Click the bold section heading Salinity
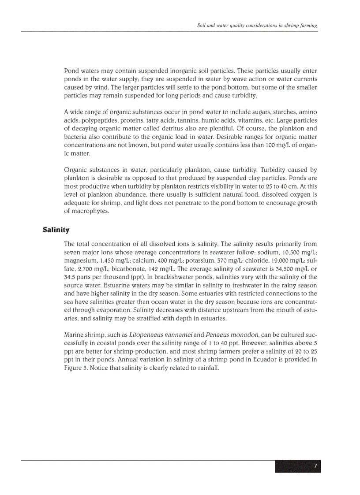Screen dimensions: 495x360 tap(56, 230)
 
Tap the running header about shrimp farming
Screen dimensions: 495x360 tap(257, 26)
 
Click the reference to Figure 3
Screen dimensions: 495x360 tap(76, 368)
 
